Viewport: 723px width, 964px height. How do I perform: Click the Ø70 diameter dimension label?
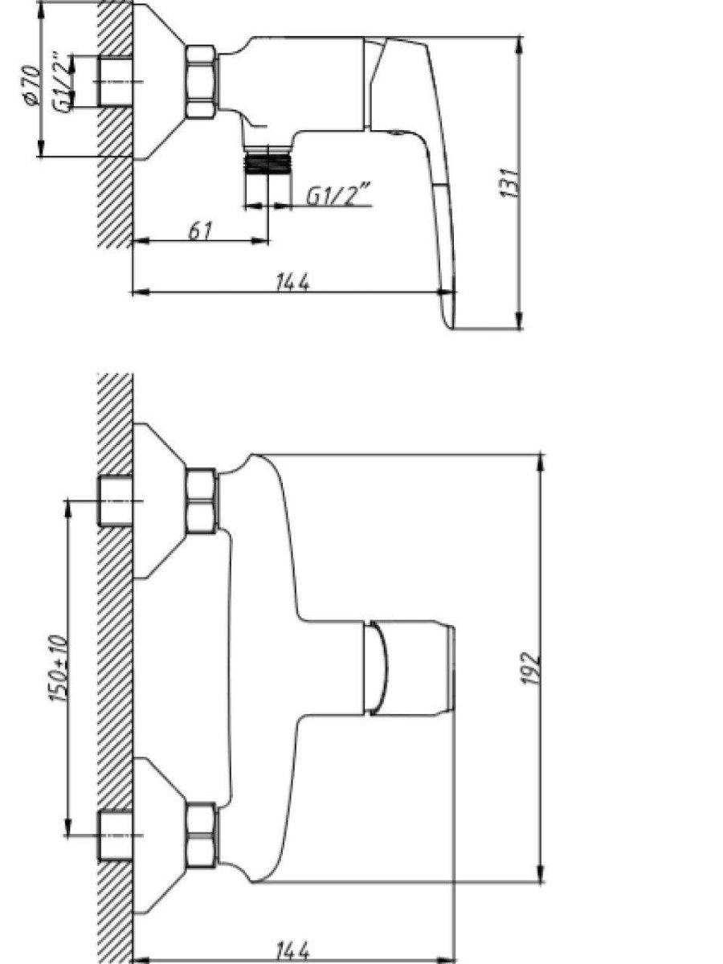tap(31, 86)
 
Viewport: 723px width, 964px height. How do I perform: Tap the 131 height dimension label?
tap(510, 182)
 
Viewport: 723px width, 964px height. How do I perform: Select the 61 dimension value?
tap(200, 231)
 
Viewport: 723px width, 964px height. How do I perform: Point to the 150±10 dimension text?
tap(59, 670)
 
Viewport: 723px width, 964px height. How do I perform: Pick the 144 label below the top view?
tap(292, 950)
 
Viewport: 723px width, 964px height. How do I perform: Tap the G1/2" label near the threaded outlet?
tap(338, 196)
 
